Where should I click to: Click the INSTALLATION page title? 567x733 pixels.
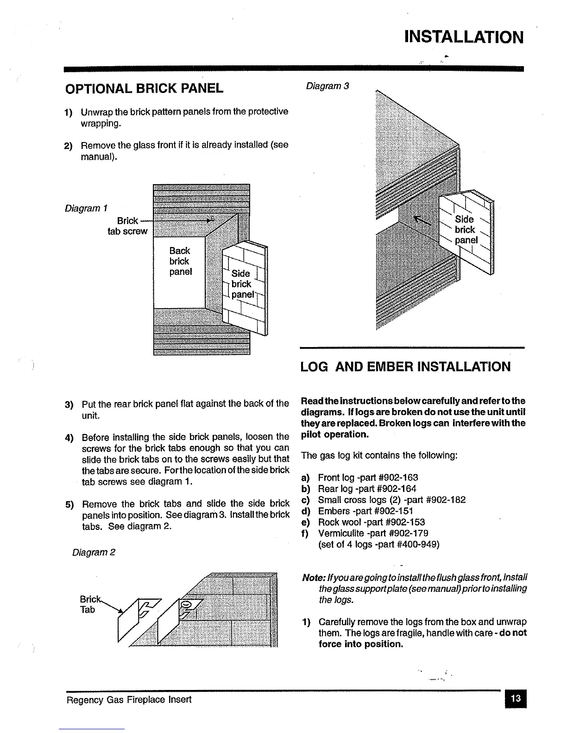pyautogui.click(x=464, y=37)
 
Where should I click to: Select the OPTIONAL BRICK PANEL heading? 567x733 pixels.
pyautogui.click(x=144, y=88)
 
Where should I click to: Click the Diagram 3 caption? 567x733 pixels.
pyautogui.click(x=327, y=86)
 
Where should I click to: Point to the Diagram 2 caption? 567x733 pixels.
pyautogui.click(x=94, y=553)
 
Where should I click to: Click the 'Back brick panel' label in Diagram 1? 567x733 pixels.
pyautogui.click(x=180, y=261)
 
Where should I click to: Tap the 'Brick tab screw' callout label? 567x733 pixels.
pyautogui.click(x=127, y=226)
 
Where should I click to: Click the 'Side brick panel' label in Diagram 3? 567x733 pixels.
pyautogui.click(x=465, y=230)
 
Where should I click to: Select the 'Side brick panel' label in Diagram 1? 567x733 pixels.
pyautogui.click(x=242, y=284)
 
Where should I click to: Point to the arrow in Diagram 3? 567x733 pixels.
pyautogui.click(x=422, y=222)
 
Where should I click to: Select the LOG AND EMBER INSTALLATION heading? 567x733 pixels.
pyautogui.click(x=405, y=367)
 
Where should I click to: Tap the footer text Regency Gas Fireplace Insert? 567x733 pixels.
pyautogui.click(x=129, y=699)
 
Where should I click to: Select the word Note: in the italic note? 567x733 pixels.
pyautogui.click(x=313, y=578)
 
